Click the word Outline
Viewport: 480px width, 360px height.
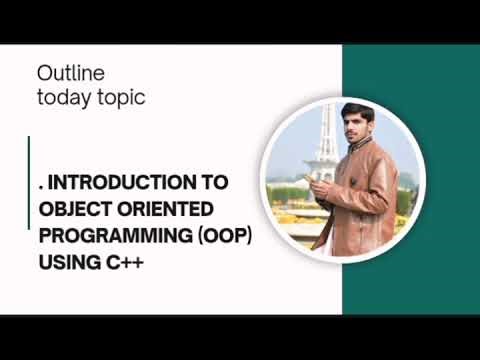coord(70,74)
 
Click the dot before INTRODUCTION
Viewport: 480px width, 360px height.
coord(41,188)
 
